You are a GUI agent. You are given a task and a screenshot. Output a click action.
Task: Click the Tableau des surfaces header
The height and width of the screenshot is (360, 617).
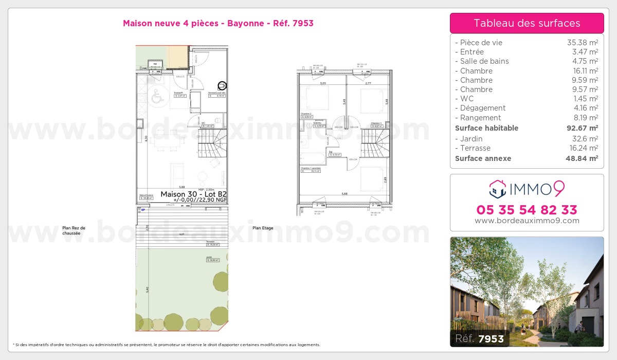point(527,23)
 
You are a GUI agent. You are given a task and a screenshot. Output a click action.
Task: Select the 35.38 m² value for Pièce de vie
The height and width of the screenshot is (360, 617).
point(582,43)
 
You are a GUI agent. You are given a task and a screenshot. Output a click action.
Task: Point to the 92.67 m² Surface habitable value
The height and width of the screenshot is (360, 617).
point(582,128)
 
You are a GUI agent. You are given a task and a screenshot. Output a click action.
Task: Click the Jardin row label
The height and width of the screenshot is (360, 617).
point(471,139)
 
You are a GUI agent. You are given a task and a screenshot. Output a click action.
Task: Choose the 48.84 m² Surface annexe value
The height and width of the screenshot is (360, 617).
point(582,158)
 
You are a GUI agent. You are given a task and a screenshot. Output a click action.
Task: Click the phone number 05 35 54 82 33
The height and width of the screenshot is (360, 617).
point(527,210)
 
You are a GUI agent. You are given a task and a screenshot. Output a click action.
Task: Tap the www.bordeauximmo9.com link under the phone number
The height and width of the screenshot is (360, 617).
point(527,221)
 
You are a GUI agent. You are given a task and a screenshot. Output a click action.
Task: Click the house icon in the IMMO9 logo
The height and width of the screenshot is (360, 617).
point(497,189)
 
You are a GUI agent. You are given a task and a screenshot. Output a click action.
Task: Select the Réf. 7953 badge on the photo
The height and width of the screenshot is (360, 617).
point(480,338)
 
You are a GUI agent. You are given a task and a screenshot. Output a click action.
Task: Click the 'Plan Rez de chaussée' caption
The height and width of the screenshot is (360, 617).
point(74,230)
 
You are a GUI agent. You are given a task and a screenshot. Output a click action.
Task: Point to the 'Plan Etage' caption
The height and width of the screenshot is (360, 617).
point(263,228)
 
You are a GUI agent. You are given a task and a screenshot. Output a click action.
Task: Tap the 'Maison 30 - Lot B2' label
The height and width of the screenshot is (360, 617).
point(193,194)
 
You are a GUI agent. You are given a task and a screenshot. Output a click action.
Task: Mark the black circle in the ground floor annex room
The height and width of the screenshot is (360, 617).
point(222,86)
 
